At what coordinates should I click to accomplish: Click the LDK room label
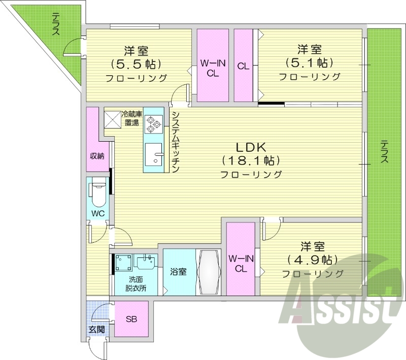tap(250, 147)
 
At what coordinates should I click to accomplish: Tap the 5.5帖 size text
tap(136, 64)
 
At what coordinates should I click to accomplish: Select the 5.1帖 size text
tap(309, 63)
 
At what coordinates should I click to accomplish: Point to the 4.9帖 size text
tap(312, 260)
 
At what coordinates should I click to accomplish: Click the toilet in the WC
tap(98, 193)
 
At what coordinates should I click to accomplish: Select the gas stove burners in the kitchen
tap(153, 123)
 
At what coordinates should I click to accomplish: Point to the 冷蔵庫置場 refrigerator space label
tap(129, 118)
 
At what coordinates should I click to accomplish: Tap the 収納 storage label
tap(97, 156)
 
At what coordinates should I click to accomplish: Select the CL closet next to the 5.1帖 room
tap(243, 66)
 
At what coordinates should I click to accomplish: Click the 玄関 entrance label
tap(97, 329)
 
